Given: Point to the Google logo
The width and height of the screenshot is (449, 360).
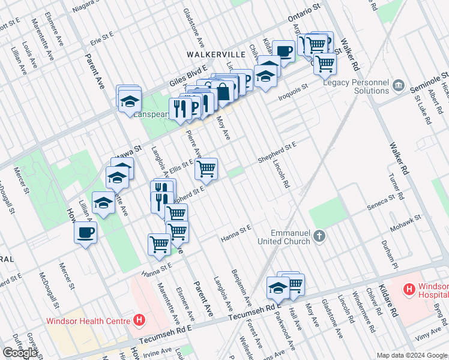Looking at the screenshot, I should (x=20, y=352).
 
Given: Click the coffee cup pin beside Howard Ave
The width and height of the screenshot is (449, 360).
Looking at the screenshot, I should (x=85, y=233).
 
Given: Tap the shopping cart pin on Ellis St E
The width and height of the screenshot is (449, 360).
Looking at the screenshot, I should (x=206, y=169).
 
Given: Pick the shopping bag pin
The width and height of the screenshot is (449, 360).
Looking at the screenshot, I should (x=223, y=92).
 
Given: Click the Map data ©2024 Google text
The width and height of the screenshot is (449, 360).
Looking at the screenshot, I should (x=411, y=355).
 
